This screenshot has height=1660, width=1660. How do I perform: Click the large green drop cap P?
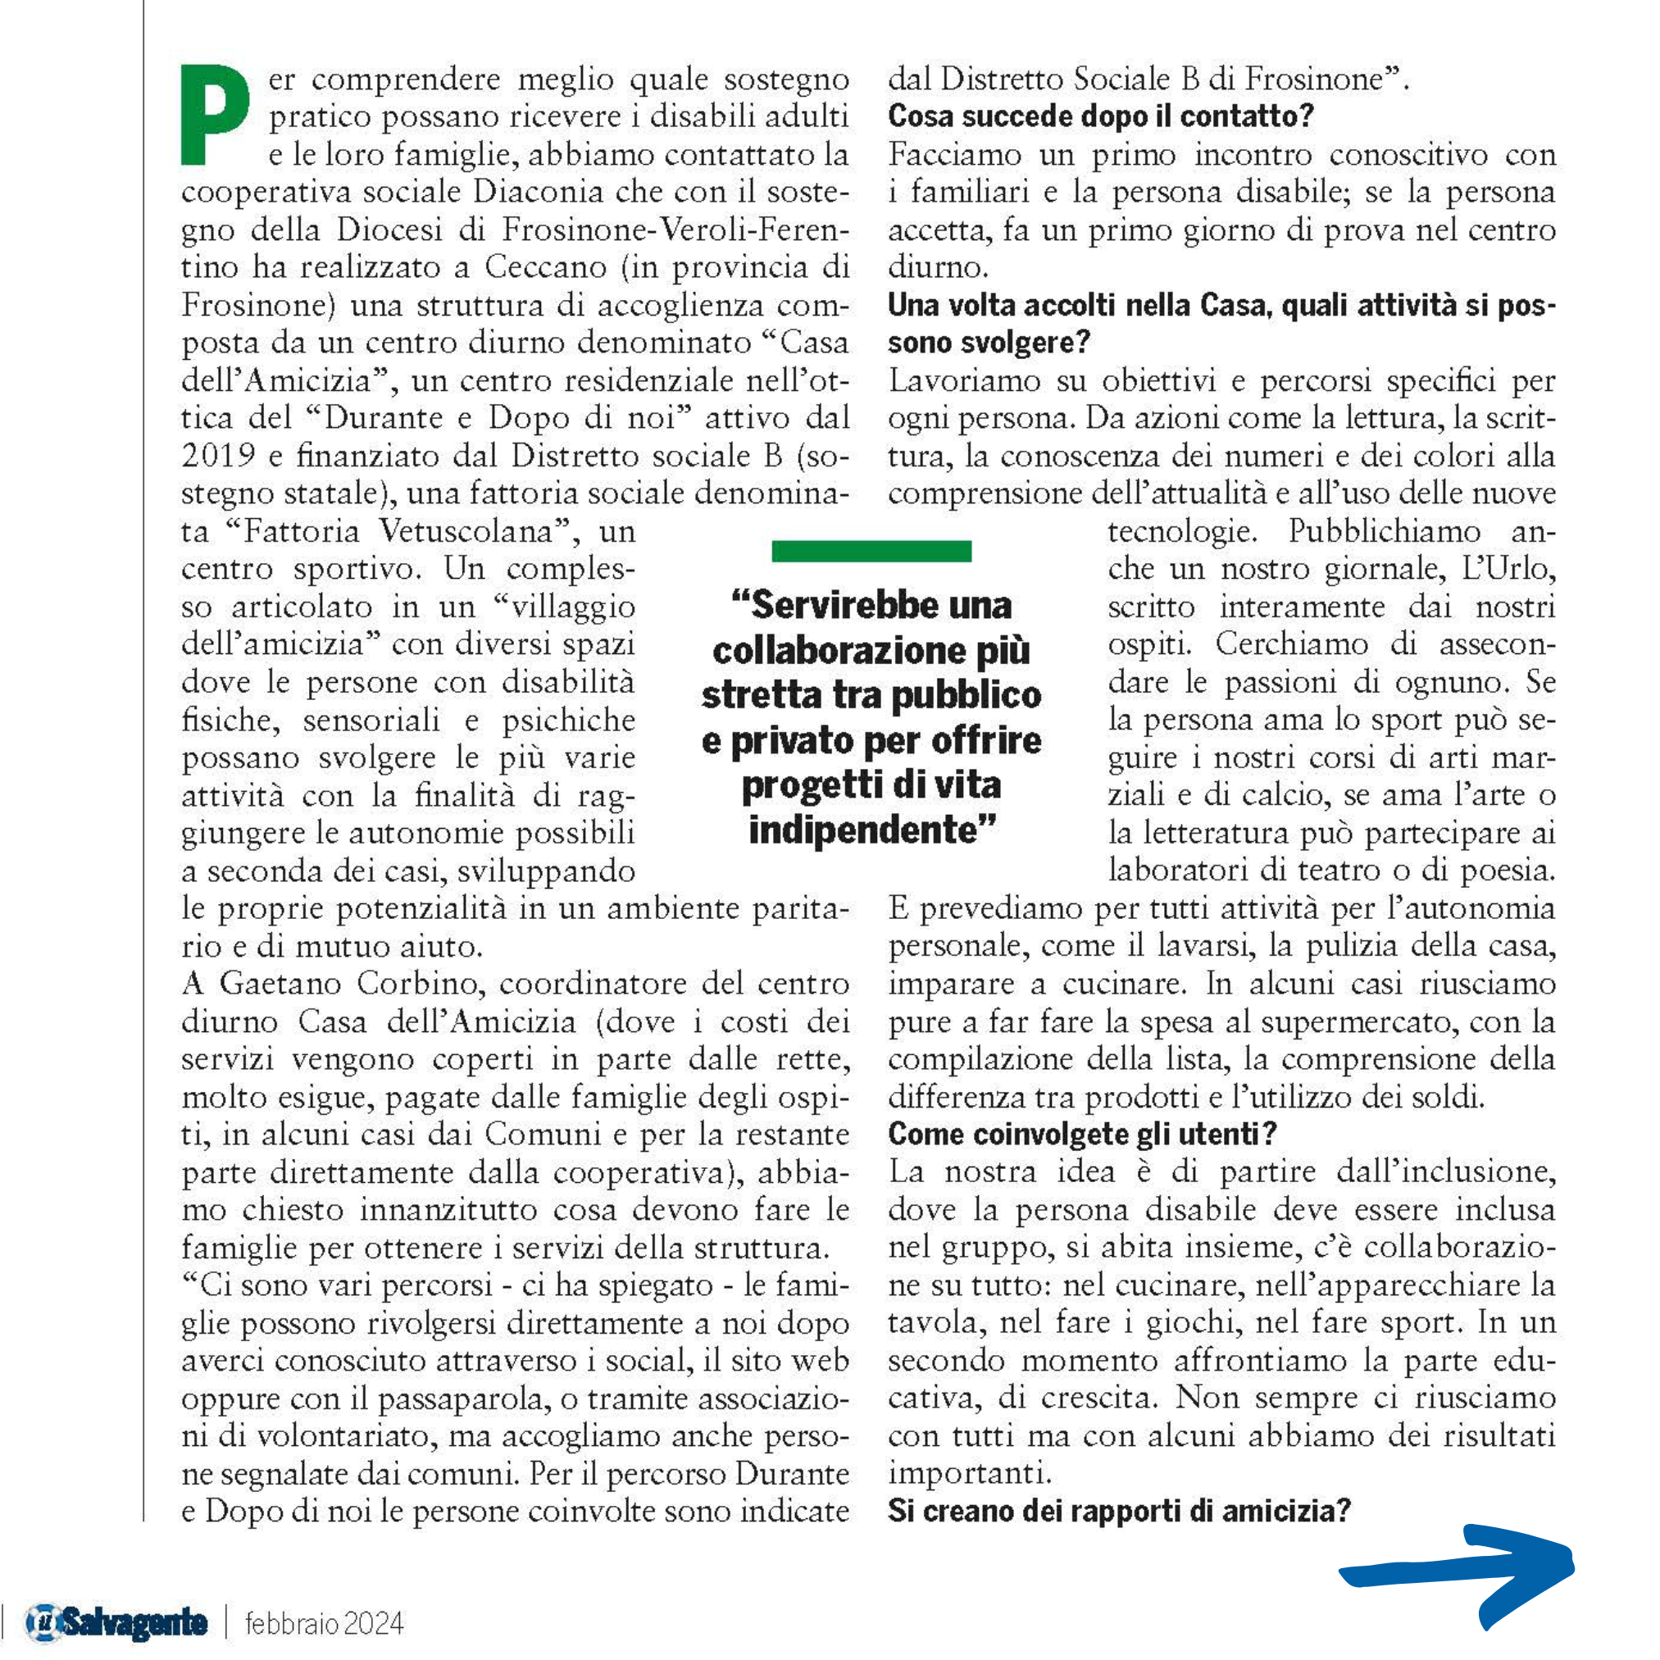(x=214, y=115)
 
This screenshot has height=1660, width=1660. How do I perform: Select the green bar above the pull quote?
(x=871, y=551)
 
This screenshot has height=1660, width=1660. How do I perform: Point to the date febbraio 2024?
(x=324, y=1623)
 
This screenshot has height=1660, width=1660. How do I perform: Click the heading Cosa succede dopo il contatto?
(x=1101, y=116)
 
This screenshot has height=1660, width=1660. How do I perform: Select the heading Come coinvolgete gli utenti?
(x=1083, y=1135)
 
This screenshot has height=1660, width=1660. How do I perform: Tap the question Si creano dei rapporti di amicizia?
(x=1119, y=1511)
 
